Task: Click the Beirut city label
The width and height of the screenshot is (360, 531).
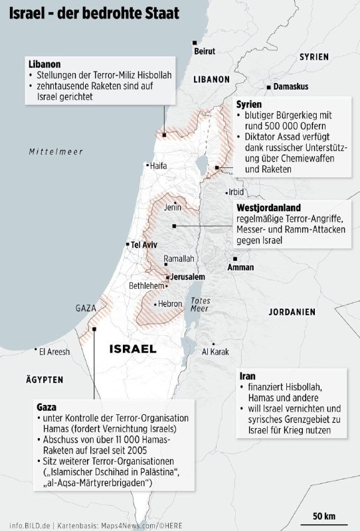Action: tap(204, 50)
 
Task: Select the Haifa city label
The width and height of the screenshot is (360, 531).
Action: tap(158, 166)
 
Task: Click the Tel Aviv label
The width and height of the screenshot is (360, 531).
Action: tap(143, 244)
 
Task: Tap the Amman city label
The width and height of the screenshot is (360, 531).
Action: tap(240, 267)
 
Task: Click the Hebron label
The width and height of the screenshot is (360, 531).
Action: tap(169, 304)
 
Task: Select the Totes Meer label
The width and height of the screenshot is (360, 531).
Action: tap(200, 305)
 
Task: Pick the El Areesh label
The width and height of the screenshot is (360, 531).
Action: tap(54, 352)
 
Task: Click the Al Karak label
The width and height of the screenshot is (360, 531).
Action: tap(215, 351)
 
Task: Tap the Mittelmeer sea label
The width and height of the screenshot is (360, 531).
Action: tap(56, 152)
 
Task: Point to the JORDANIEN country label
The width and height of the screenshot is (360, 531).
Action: tap(292, 311)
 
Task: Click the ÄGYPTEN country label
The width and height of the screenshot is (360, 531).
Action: tap(45, 380)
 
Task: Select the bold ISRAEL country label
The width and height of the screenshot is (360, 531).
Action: tap(132, 348)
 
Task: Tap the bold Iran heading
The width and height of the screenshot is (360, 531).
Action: tap(247, 375)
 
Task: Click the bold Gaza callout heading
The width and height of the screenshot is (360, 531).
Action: tap(46, 406)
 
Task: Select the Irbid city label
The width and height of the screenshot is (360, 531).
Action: tap(236, 192)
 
